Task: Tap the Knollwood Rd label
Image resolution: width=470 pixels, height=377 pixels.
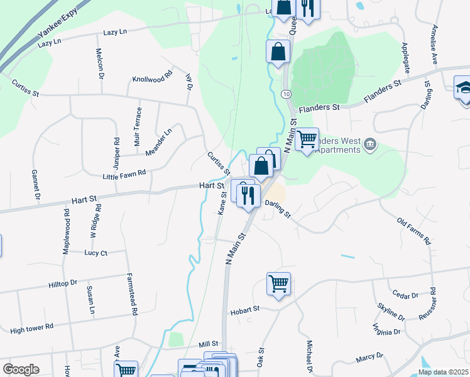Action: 152,79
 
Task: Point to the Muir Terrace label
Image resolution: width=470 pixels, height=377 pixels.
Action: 139,126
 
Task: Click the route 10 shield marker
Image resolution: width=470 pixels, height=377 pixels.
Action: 286,94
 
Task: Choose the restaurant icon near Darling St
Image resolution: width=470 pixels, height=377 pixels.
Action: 249,195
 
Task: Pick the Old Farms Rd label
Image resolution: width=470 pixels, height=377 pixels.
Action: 414,231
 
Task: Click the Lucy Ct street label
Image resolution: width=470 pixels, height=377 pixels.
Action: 96,253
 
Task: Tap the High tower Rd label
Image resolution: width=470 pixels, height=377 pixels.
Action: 32,328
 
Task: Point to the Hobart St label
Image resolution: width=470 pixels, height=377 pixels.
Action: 245,310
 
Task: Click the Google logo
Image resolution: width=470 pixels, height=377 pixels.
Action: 21,369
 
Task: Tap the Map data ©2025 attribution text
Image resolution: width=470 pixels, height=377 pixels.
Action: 442,372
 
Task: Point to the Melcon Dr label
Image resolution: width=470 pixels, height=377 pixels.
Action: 100,63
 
